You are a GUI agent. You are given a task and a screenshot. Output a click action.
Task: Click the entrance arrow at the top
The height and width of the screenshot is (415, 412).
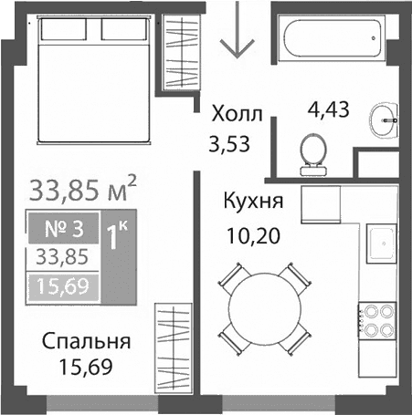coord(237,32)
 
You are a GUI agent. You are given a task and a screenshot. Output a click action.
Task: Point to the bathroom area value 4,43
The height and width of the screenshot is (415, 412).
coord(330,112)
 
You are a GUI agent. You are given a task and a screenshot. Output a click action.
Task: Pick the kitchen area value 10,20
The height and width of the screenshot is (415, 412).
coord(250,238)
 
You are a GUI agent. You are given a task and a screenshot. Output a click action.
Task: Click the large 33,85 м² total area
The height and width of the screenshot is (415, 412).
coord(83,190)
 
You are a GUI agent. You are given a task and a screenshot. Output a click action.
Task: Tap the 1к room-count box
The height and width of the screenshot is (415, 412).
coord(117,239)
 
